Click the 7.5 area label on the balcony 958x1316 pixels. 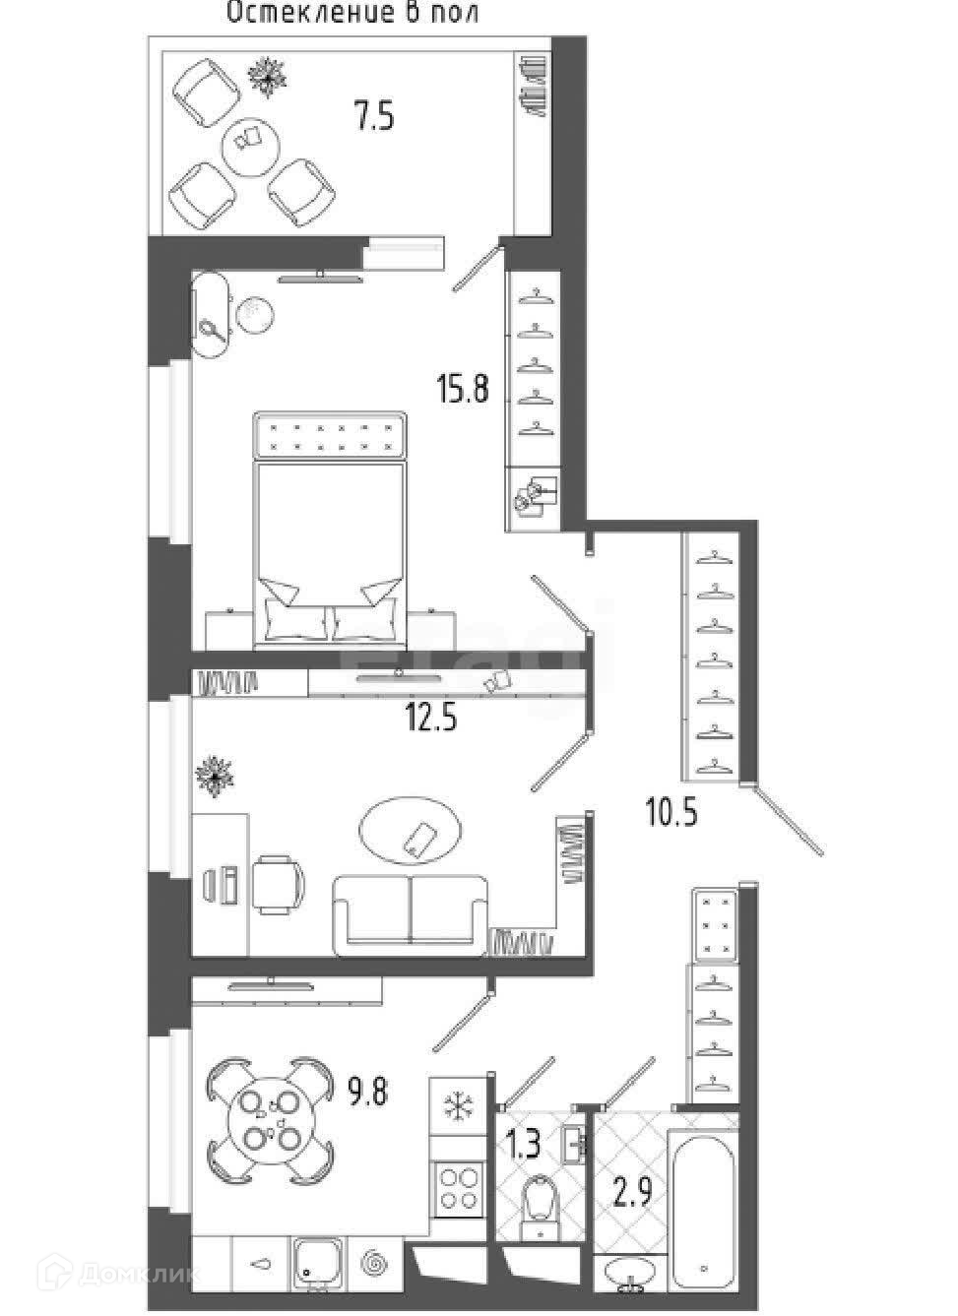pos(375,117)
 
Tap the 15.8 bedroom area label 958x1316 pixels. pos(463,390)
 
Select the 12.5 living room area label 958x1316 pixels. pos(432,719)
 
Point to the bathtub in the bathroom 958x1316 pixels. pos(702,1211)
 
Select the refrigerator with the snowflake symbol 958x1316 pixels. pos(457,1106)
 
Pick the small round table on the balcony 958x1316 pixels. pos(251,142)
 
